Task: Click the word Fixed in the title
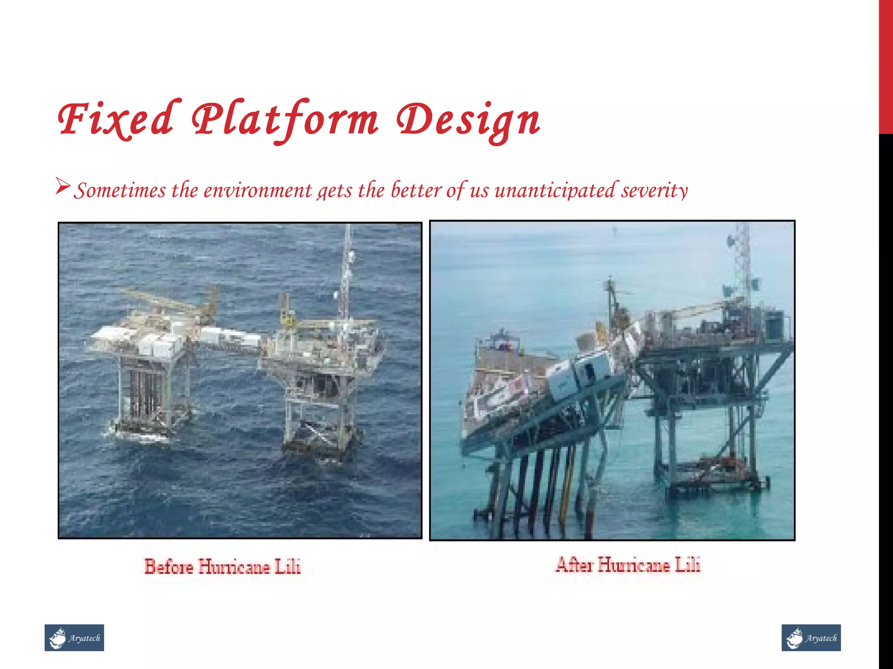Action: pos(117,118)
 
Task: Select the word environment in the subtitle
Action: pos(258,190)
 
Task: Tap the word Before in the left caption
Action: pos(169,566)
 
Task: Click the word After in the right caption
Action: pos(574,565)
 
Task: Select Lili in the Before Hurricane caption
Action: pos(288,566)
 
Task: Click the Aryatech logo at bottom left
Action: pos(74,638)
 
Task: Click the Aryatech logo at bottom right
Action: pos(811,638)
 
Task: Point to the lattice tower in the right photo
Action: pos(741,261)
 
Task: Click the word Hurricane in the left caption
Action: pos(235,566)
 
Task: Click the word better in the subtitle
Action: pos(416,190)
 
